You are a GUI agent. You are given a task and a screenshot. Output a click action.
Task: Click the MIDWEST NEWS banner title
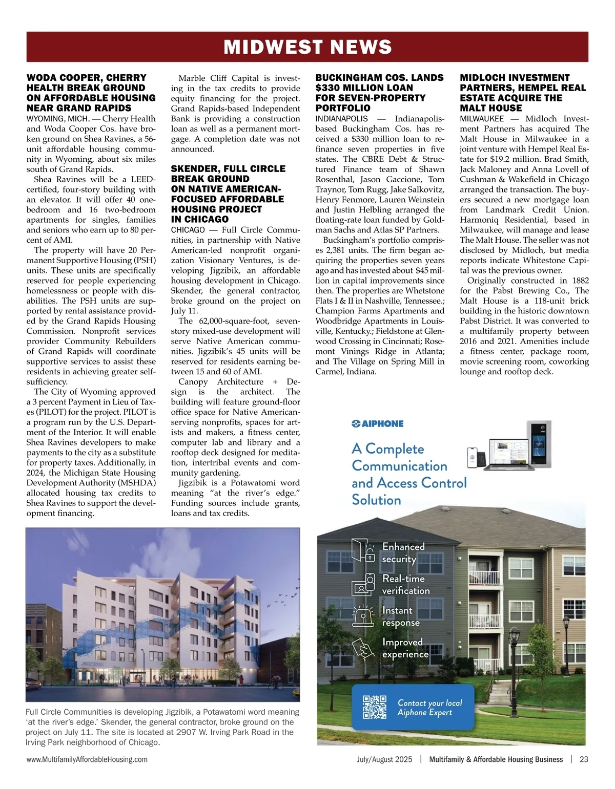(307, 47)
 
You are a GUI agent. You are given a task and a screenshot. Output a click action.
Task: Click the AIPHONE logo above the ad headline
(377, 423)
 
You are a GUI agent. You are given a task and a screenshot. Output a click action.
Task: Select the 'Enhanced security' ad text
(403, 553)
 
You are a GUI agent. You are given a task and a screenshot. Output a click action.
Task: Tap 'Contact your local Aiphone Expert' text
(429, 708)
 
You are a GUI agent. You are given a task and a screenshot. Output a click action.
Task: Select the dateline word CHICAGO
(188, 230)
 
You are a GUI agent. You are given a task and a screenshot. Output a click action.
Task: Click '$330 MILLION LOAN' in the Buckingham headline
(364, 88)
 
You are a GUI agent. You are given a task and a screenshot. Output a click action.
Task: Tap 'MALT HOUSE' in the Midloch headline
(490, 108)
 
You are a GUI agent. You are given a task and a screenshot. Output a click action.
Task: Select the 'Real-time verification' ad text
(405, 584)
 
